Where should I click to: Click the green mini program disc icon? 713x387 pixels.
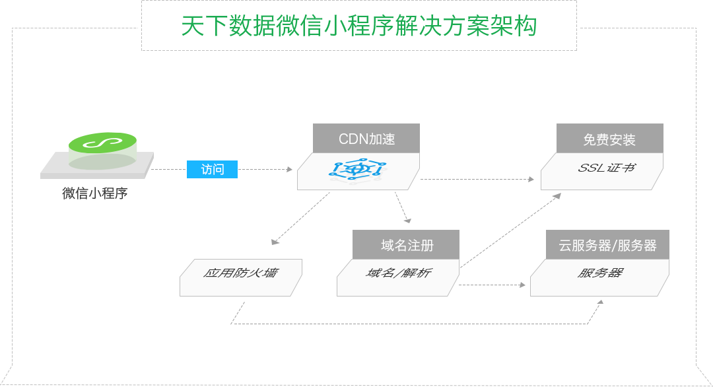pyautogui.click(x=102, y=143)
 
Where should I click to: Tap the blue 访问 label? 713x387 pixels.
pyautogui.click(x=212, y=169)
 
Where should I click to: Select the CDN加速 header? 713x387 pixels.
pyautogui.click(x=366, y=139)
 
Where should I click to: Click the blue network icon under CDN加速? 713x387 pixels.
pyautogui.click(x=358, y=170)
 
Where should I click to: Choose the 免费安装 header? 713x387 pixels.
pyautogui.click(x=609, y=139)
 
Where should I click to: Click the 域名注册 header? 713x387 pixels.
pyautogui.click(x=407, y=246)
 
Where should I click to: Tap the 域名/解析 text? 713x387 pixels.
pyautogui.click(x=398, y=273)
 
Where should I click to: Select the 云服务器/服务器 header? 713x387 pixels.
pyautogui.click(x=607, y=245)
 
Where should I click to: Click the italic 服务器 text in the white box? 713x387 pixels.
pyautogui.click(x=600, y=273)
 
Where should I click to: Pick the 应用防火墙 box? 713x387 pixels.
pyautogui.click(x=240, y=276)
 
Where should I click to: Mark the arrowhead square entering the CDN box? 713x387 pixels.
pyautogui.click(x=289, y=169)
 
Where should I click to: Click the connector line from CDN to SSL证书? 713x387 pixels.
pyautogui.click(x=472, y=178)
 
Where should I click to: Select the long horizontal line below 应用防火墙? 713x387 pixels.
pyautogui.click(x=416, y=324)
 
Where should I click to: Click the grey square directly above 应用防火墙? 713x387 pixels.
pyautogui.click(x=302, y=216)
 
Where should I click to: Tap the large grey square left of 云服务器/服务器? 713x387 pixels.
pyautogui.click(x=507, y=232)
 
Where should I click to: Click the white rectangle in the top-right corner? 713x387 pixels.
pyautogui.click(x=645, y=13)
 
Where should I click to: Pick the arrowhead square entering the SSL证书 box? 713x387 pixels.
pyautogui.click(x=530, y=178)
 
